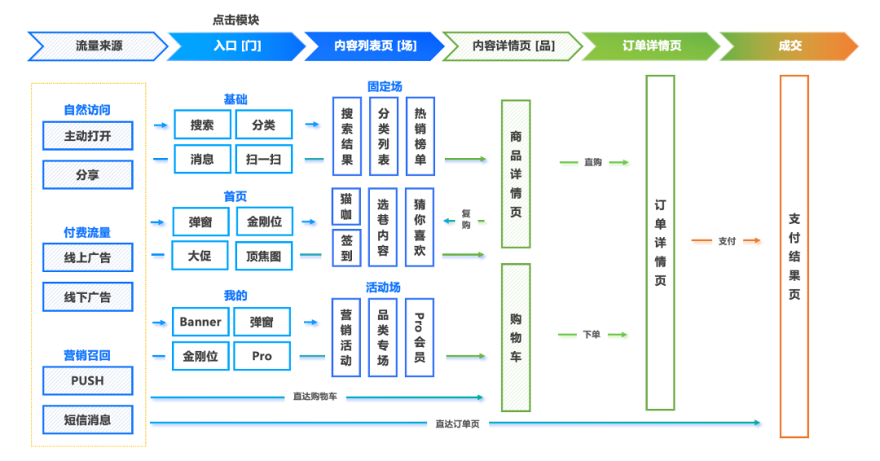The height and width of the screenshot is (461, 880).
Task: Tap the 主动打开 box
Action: click(x=87, y=136)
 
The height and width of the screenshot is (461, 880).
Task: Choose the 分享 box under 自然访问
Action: click(x=87, y=175)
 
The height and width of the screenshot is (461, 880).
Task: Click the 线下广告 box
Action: click(x=87, y=297)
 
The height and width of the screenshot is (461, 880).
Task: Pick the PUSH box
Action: click(x=87, y=380)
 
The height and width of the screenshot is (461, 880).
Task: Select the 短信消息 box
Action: click(x=87, y=419)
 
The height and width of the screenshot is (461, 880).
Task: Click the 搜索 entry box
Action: click(x=202, y=125)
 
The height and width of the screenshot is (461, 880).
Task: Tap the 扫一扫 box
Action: click(x=263, y=159)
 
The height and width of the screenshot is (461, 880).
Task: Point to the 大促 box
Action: click(x=200, y=256)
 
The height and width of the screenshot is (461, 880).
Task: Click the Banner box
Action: click(x=200, y=322)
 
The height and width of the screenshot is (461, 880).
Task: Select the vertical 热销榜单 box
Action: click(x=420, y=137)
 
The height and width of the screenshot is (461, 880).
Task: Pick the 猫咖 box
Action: click(x=346, y=207)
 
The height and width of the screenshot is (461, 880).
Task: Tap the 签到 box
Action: click(x=346, y=248)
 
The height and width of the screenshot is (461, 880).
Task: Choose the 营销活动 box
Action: click(x=346, y=337)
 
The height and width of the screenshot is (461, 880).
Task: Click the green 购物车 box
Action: click(x=516, y=337)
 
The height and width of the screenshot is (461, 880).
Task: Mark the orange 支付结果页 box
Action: click(x=794, y=256)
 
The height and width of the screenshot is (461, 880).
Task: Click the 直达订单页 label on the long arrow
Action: click(x=456, y=424)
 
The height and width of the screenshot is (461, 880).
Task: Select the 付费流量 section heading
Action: click(x=87, y=232)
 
